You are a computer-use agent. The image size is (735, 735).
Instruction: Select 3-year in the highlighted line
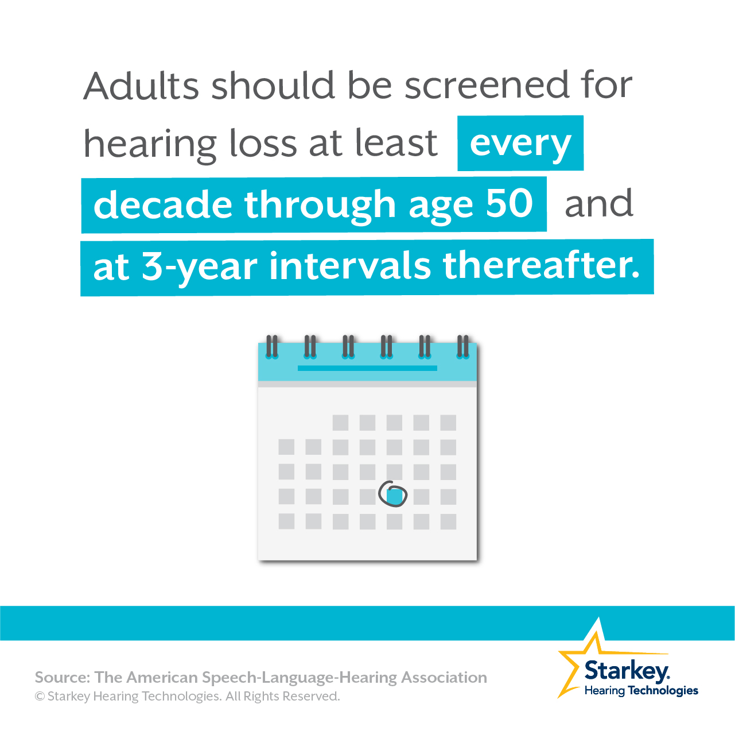point(200,267)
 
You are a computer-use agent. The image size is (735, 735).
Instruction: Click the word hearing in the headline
point(150,145)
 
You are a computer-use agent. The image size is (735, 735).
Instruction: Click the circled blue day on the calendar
point(394,496)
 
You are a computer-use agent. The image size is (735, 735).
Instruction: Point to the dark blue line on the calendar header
point(367,368)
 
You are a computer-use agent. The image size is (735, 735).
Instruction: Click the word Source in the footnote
point(62,678)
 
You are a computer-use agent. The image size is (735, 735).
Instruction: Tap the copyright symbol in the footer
point(40,697)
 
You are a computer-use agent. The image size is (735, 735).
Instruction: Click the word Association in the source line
point(444,678)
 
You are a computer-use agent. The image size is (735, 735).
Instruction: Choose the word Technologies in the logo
point(663,690)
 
